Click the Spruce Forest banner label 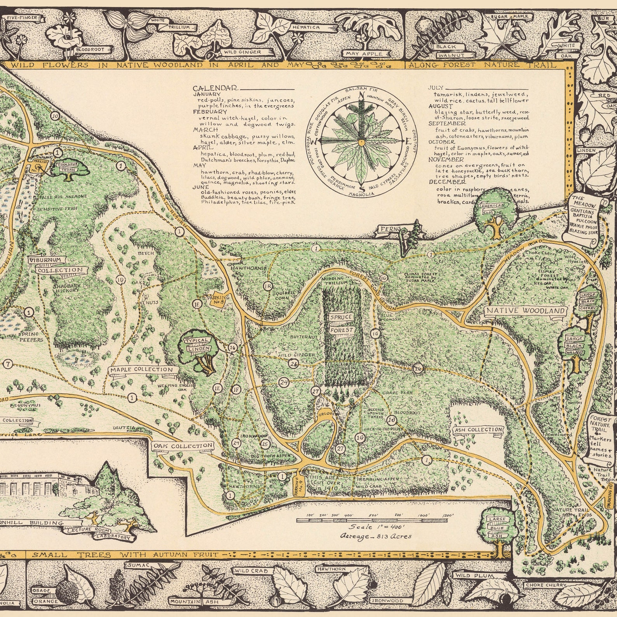click(x=341, y=323)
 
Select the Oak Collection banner click(x=183, y=446)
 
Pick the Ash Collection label click(x=479, y=430)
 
